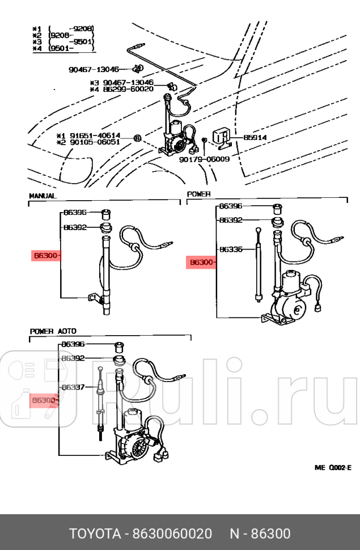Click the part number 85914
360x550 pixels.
[255, 138]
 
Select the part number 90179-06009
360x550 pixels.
[204, 159]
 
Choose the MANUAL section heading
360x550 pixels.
[43, 196]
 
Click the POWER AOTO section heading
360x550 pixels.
[53, 331]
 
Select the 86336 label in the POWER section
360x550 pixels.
[231, 249]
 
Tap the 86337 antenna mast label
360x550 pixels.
[73, 387]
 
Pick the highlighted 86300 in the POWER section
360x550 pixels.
[201, 263]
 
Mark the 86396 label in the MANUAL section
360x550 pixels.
[74, 213]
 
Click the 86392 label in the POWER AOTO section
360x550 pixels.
[73, 358]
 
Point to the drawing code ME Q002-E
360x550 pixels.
[333, 467]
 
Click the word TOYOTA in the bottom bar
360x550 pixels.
[95, 534]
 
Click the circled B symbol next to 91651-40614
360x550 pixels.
[137, 138]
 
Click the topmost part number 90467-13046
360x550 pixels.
[94, 69]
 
